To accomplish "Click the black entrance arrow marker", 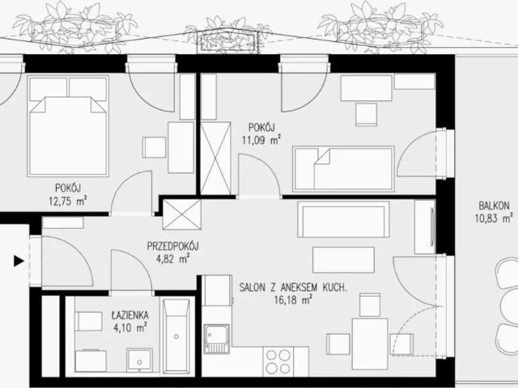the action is tap(19, 261).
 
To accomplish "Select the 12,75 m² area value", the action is tap(68, 201).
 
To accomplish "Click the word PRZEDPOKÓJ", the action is tap(172, 246).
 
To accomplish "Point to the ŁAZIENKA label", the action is tap(129, 315).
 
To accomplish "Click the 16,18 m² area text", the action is tap(293, 300).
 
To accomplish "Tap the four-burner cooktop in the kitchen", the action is tap(278, 361).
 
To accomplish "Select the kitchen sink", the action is tap(217, 339).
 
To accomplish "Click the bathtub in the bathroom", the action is tap(176, 336).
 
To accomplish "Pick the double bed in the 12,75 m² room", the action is tap(68, 126).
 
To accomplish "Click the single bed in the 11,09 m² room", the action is tap(343, 169).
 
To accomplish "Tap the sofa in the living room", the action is tap(343, 219).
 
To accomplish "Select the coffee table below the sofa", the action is tap(343, 260).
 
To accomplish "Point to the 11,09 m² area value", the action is tap(261, 140).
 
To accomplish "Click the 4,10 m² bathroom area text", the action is tap(129, 328).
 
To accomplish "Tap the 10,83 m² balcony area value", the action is tap(494, 218).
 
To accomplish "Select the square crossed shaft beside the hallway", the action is tap(182, 214).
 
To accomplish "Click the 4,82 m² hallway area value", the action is tap(172, 259).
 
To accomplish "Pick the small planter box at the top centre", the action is tap(227, 41).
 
